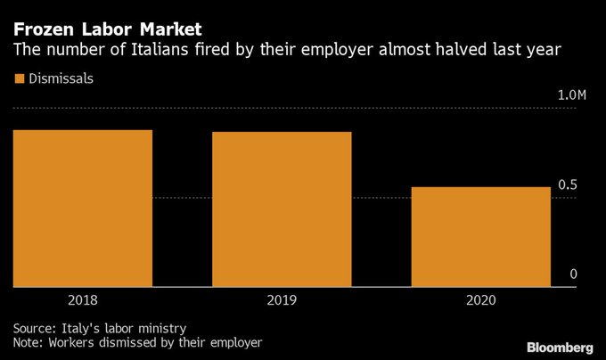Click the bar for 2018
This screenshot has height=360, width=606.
pos(83,209)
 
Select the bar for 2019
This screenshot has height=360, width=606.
pos(282,209)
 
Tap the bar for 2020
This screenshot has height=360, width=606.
pos(480,237)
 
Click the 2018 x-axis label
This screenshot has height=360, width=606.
pos(83,300)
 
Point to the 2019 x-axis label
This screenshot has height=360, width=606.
pos(282,300)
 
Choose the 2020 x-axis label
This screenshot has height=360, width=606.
pos(480,300)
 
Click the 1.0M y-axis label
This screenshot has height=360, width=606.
pos(571,95)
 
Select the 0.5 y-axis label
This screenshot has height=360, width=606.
pos(568,184)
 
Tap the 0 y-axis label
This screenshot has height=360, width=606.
pos(574,274)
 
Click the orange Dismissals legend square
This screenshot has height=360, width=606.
pos(20,78)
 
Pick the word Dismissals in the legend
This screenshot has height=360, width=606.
pos(61,78)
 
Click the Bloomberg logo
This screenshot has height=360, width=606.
pos(559,346)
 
